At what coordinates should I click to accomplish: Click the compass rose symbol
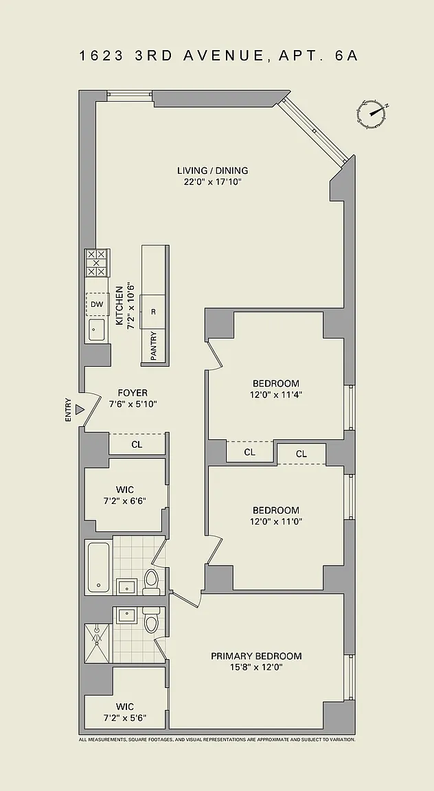[373, 113]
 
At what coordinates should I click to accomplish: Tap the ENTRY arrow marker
[79, 410]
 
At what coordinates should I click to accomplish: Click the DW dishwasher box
[97, 304]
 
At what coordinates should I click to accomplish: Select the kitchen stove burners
[97, 263]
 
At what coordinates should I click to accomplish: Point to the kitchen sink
[97, 330]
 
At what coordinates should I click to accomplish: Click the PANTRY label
[153, 345]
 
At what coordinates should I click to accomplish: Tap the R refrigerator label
[153, 312]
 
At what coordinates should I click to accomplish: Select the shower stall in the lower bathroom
[97, 643]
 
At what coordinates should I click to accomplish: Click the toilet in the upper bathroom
[151, 582]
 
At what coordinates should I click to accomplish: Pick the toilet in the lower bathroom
[151, 619]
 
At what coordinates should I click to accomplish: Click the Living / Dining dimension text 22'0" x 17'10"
[212, 181]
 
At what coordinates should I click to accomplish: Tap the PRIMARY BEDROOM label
[256, 656]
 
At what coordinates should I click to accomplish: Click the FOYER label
[133, 393]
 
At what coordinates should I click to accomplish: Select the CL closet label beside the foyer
[137, 444]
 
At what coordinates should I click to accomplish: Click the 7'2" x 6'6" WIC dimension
[125, 501]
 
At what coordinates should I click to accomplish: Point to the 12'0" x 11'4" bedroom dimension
[276, 395]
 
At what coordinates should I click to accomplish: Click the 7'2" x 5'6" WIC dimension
[125, 718]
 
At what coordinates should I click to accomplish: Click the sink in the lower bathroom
[126, 615]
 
